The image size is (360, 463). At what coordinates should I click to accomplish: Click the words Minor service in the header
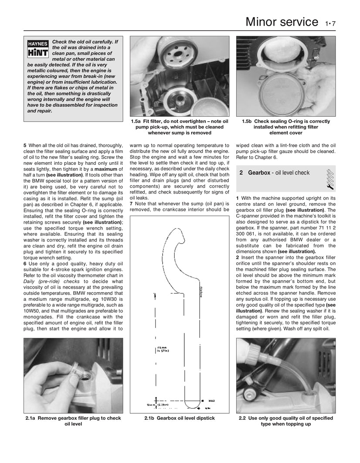click(282, 21)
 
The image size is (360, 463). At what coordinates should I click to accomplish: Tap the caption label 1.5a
click(137, 121)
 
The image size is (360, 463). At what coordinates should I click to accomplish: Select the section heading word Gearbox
click(259, 173)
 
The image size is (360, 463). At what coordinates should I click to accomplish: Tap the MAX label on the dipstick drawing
click(212, 400)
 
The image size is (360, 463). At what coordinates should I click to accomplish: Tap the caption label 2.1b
click(150, 418)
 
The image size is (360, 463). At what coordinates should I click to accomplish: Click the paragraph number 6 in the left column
click(25, 264)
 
